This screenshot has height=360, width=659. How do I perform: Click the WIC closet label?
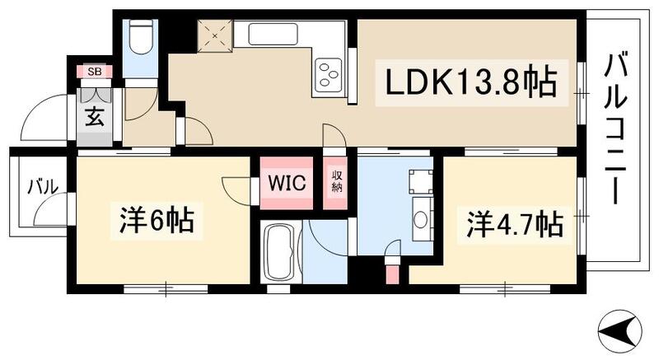pos(287,182)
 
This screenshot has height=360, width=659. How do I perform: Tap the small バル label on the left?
pos(41,187)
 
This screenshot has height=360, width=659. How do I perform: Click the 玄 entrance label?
pos(94,117)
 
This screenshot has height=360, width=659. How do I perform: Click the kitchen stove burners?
pos(329,72)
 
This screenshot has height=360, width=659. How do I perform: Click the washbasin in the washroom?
pos(420,219)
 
